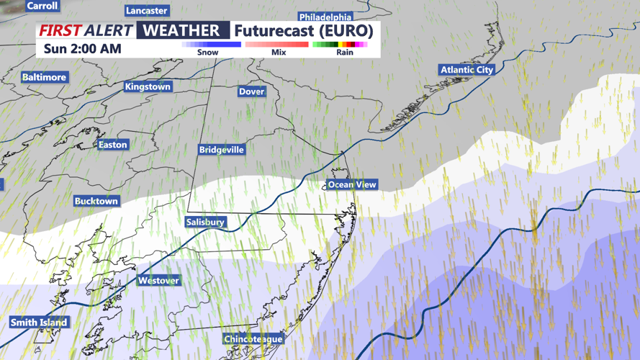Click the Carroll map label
(x=42, y=6)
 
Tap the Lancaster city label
(x=146, y=11)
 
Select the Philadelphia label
(x=325, y=17)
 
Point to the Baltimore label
(x=44, y=77)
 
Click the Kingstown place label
(x=148, y=87)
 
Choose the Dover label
(x=251, y=91)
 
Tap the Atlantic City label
(x=467, y=70)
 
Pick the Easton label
(x=112, y=145)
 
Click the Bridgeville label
(x=222, y=150)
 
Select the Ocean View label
(x=352, y=185)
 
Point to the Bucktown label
(x=96, y=202)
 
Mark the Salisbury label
(x=205, y=222)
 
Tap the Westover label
(x=158, y=281)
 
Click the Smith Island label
(x=39, y=323)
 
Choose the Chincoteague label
(x=253, y=339)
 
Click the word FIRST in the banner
(x=60, y=31)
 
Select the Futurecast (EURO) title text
(x=304, y=31)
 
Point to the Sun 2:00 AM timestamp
(x=82, y=49)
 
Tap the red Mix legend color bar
(x=277, y=45)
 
